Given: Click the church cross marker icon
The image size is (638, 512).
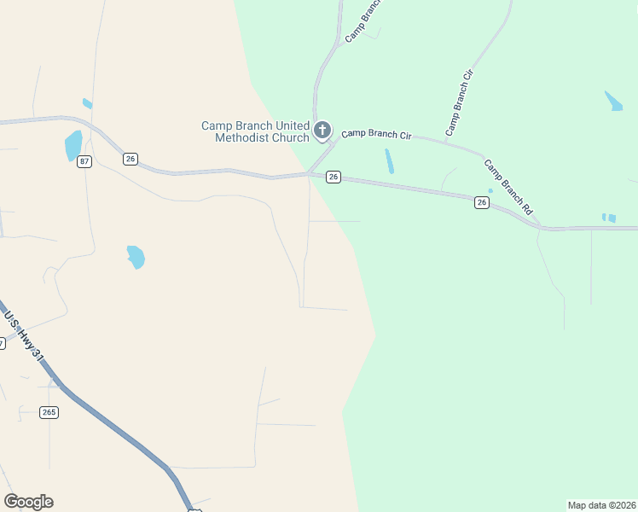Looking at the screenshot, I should [x=322, y=131].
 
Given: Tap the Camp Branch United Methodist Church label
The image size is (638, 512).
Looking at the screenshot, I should [x=255, y=131].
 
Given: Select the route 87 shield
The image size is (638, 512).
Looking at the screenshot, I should [x=84, y=161].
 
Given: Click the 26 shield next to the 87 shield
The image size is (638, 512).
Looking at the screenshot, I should [x=130, y=159].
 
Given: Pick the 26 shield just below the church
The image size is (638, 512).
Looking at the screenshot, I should [x=333, y=177].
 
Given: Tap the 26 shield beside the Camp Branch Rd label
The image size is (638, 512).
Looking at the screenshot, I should [x=482, y=202].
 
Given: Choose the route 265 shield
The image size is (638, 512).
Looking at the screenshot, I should [x=49, y=412].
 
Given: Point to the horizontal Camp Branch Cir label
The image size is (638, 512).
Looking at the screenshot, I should [x=376, y=134].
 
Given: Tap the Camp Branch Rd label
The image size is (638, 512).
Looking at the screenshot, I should [x=508, y=186].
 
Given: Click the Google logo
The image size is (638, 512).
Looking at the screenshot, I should [x=28, y=502].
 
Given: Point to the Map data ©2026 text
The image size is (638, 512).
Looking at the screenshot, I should [x=601, y=505].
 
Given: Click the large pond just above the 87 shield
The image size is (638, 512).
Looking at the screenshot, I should [x=73, y=146].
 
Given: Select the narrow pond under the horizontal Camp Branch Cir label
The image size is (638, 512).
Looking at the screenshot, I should [x=390, y=161].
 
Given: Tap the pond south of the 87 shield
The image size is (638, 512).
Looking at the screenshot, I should [x=136, y=256].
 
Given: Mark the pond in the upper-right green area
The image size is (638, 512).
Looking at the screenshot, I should [x=613, y=101].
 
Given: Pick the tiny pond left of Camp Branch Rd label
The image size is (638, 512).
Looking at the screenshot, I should [x=490, y=190].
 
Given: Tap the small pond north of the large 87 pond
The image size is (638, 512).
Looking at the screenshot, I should [x=87, y=104].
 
